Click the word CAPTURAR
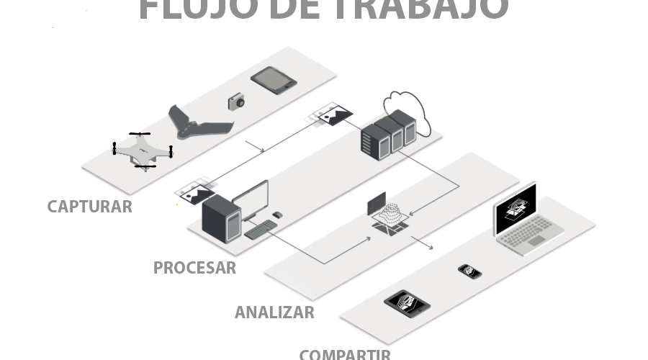(89, 207)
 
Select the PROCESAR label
(194, 268)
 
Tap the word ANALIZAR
(274, 312)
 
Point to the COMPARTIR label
(345, 354)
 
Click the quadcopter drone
(143, 150)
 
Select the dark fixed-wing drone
(198, 125)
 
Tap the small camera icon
(236, 102)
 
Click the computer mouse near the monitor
(278, 215)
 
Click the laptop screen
(516, 210)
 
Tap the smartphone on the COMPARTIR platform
(469, 271)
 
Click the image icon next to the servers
(335, 114)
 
